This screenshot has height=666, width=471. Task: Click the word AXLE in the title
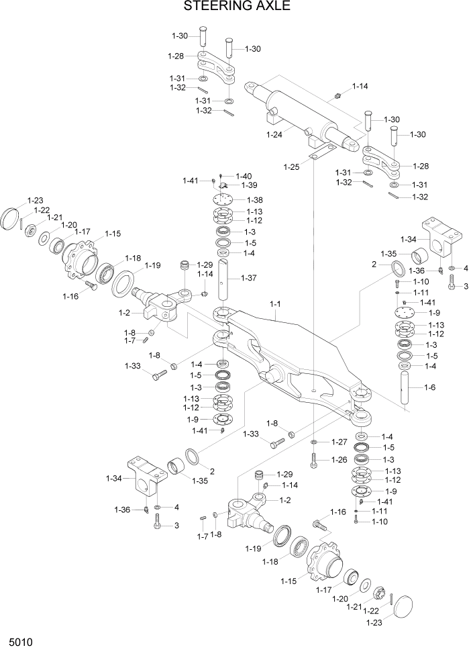tap(274, 7)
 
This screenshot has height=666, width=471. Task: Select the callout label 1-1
tap(274, 304)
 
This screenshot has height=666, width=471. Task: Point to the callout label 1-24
tap(274, 134)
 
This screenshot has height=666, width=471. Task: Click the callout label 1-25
tap(291, 166)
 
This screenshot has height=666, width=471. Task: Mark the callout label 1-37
tap(248, 278)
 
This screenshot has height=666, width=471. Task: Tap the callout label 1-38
tap(255, 200)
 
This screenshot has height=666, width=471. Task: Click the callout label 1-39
tap(250, 185)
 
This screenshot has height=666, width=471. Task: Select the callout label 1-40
tap(244, 176)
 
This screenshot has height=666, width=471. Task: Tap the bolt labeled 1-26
tap(313, 460)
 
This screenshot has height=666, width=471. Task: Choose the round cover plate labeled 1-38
tap(225, 200)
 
